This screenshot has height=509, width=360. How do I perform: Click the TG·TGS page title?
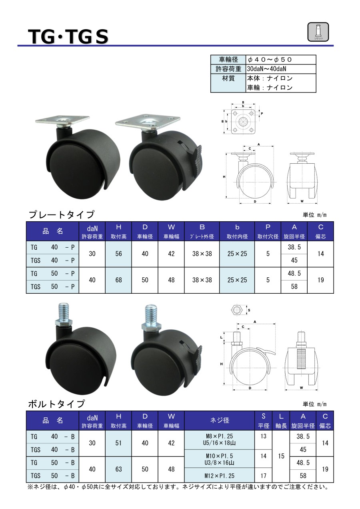tap(68, 37)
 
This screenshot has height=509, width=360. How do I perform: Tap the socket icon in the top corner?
tap(318, 32)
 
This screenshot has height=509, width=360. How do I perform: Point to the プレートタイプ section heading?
tap(61, 214)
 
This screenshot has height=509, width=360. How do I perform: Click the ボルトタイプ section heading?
tap(56, 404)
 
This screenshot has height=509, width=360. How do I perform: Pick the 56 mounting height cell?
tap(118, 254)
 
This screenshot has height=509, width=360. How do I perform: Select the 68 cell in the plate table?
tap(118, 280)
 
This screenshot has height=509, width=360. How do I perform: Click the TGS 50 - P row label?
tap(53, 287)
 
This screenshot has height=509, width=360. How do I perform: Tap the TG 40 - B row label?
tap(53, 437)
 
